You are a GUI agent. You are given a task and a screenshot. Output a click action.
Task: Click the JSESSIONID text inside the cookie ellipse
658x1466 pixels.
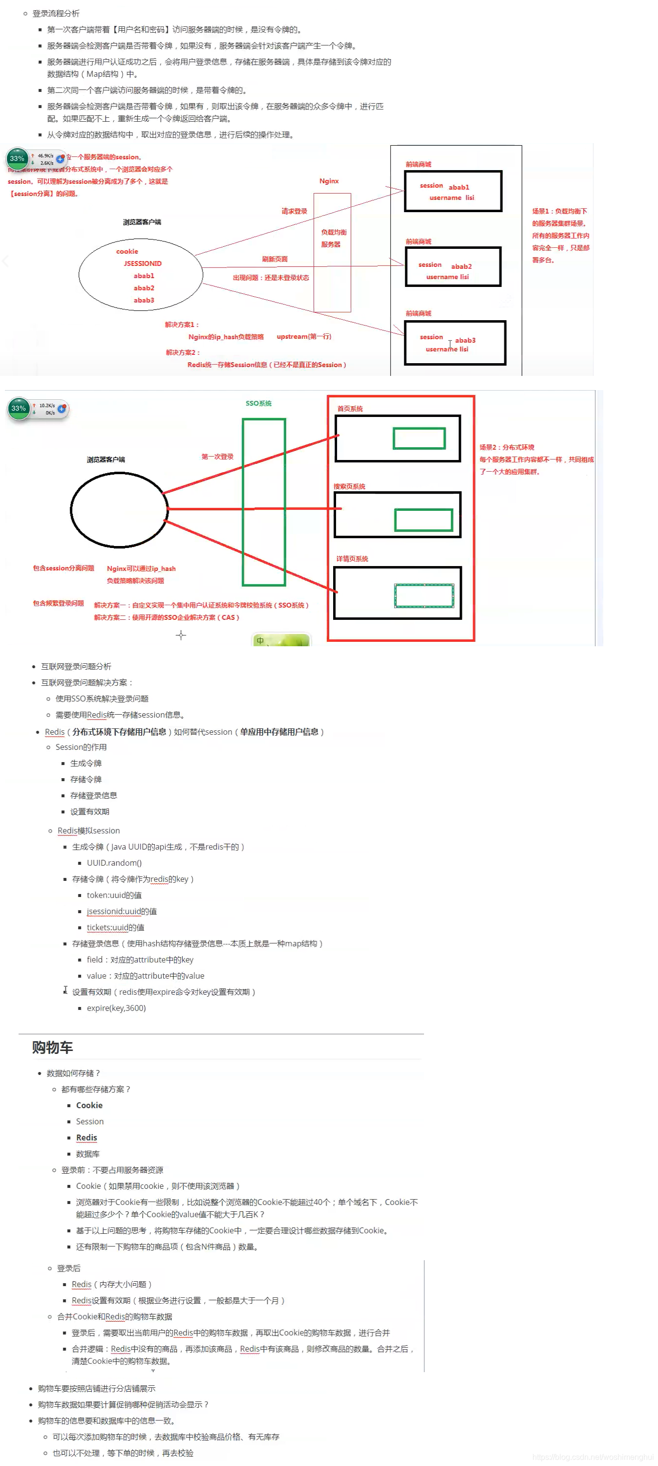[143, 263]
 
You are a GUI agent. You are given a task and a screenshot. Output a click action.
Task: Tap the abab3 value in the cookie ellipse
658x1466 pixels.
[144, 300]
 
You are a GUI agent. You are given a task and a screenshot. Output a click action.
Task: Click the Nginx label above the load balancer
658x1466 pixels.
[329, 181]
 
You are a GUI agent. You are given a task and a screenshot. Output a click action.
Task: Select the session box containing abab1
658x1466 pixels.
[453, 191]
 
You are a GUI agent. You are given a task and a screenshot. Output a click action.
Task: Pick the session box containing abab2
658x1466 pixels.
[453, 267]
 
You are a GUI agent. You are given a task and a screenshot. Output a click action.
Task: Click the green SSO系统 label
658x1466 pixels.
[258, 403]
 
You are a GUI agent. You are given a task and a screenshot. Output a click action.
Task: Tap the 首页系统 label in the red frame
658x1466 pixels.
[350, 409]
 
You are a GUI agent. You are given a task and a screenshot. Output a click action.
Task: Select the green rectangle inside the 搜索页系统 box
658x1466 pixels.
[424, 520]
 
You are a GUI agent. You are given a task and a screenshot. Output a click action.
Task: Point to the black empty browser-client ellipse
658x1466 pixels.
[119, 510]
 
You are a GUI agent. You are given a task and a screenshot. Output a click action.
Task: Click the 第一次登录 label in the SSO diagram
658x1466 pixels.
[217, 457]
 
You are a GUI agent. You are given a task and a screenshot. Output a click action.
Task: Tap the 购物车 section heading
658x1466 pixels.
[52, 1047]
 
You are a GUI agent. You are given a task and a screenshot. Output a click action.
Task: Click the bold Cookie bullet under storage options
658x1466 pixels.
[89, 1105]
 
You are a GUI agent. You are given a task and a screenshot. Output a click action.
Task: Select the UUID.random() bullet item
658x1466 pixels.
[114, 863]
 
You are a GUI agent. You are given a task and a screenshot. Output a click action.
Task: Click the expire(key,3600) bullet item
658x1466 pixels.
[116, 1008]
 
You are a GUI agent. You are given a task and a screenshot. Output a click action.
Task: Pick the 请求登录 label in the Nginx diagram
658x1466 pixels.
[294, 211]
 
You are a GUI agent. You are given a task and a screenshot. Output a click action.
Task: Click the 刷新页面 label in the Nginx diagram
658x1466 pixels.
[275, 259]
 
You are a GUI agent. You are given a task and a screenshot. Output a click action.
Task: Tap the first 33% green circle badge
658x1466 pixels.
[17, 159]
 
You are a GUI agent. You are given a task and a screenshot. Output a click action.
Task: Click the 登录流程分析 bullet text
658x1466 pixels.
[56, 13]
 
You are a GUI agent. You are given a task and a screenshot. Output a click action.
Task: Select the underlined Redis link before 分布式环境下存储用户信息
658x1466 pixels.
[55, 732]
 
